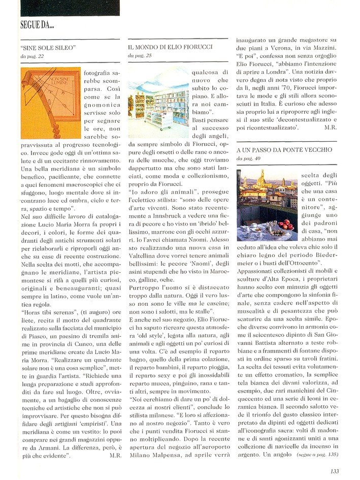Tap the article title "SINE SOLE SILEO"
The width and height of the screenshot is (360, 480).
(x=49, y=48)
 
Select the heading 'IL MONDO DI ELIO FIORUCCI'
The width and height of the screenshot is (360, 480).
(x=170, y=47)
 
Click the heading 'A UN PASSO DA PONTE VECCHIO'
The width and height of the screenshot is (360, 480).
(x=284, y=150)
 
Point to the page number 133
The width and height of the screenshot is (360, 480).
(x=334, y=471)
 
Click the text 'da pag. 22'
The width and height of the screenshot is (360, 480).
(x=33, y=56)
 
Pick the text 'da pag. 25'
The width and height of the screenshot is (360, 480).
(x=140, y=55)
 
